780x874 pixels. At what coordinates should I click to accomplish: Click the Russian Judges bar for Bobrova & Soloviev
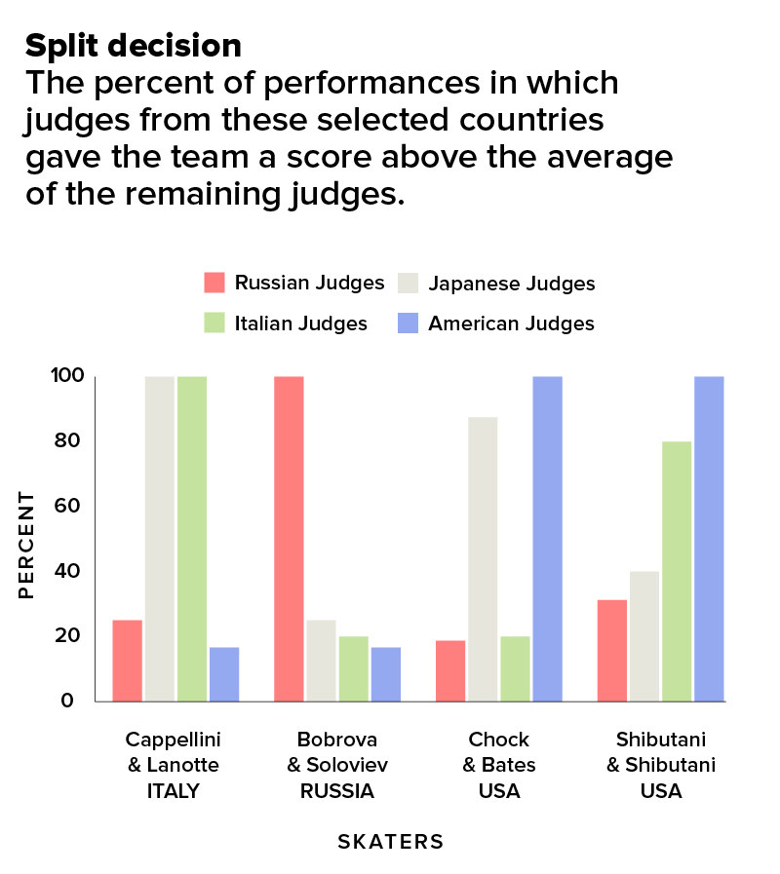tap(289, 539)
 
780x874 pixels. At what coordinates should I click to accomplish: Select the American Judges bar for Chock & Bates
tap(547, 539)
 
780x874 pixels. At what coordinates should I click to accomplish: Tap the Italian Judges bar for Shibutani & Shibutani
tap(677, 571)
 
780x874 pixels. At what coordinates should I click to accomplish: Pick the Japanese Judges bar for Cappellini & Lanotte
tap(160, 539)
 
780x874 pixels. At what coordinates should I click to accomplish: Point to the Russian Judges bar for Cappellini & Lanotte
tap(127, 661)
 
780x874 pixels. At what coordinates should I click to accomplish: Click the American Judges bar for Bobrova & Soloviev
tap(386, 674)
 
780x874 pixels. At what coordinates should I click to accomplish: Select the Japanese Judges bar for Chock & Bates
tap(483, 559)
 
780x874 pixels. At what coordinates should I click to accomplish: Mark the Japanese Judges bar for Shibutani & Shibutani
tap(644, 636)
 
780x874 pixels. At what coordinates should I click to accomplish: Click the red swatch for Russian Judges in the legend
tap(214, 283)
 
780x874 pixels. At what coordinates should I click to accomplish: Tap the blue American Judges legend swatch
tap(408, 323)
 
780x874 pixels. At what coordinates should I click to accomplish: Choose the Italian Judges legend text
tap(300, 323)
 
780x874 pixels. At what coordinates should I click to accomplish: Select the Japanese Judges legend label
tap(512, 284)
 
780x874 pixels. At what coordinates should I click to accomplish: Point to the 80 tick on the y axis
tap(67, 440)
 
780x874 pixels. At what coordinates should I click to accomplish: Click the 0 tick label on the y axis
tap(67, 701)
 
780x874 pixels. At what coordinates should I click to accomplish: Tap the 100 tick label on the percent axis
tap(67, 375)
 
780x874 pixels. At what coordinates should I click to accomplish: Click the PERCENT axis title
tap(26, 545)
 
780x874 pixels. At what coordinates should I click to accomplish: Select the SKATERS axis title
tap(391, 842)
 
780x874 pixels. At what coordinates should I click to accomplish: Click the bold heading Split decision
tap(134, 45)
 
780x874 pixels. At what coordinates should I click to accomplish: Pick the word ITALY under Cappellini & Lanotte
tap(173, 791)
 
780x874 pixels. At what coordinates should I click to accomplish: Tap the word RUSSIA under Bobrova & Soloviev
tap(337, 791)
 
